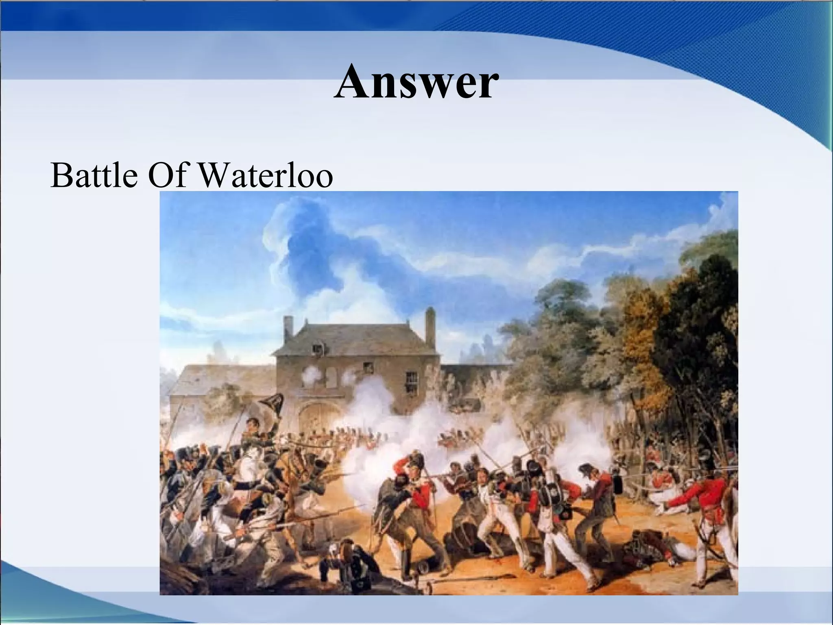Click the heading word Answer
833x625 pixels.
(416, 83)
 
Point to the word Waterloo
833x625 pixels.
(267, 176)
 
